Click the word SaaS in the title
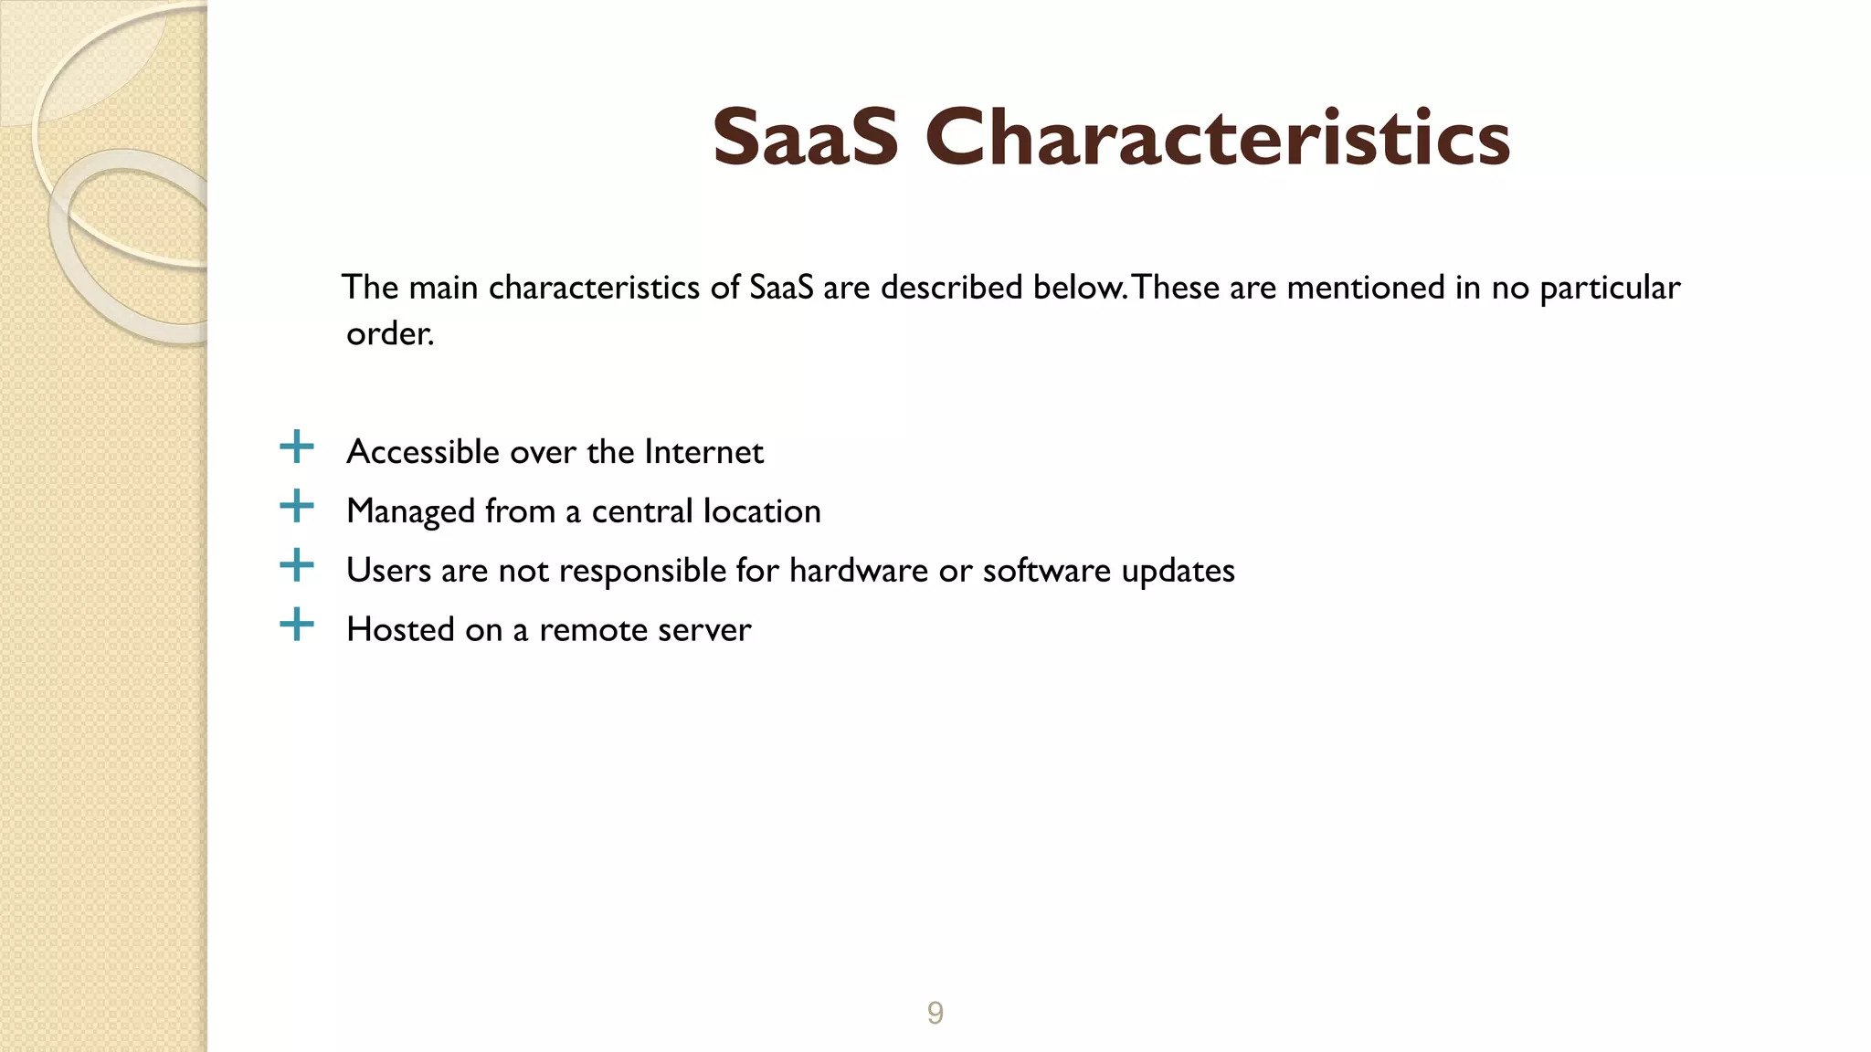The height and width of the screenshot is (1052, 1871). point(805,139)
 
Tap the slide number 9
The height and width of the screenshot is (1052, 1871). point(935,1013)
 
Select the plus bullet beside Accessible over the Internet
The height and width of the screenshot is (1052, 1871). point(296,447)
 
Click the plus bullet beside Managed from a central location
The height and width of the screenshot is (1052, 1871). point(296,506)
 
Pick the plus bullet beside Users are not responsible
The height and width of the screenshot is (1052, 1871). point(296,565)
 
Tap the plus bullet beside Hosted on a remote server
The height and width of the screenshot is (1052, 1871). point(296,625)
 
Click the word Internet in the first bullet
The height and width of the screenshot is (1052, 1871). point(703,452)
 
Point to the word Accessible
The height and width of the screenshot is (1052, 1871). point(423,452)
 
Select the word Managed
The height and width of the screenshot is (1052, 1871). point(410,511)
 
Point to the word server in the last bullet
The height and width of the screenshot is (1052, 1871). point(711,630)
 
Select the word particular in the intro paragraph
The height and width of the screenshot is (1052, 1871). point(1610,289)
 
